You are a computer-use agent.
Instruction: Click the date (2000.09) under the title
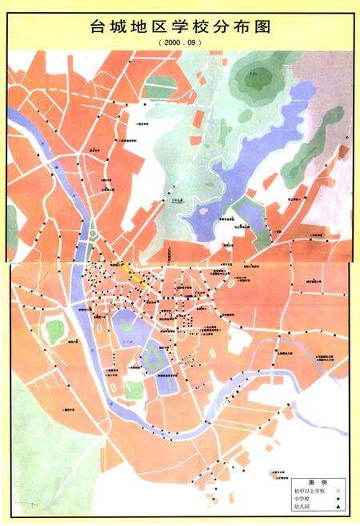[x=181, y=42]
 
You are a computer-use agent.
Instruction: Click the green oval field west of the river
[x=54, y=331]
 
